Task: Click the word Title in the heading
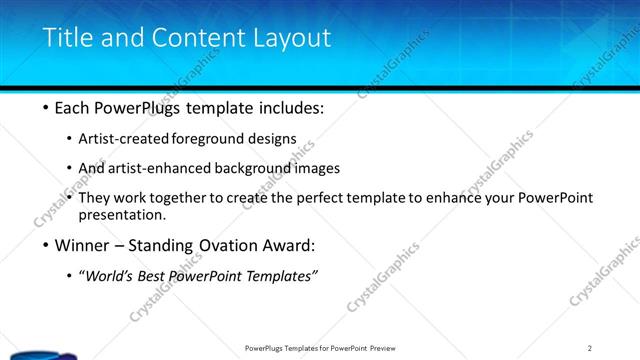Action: (x=65, y=39)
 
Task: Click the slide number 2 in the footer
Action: (x=589, y=347)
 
